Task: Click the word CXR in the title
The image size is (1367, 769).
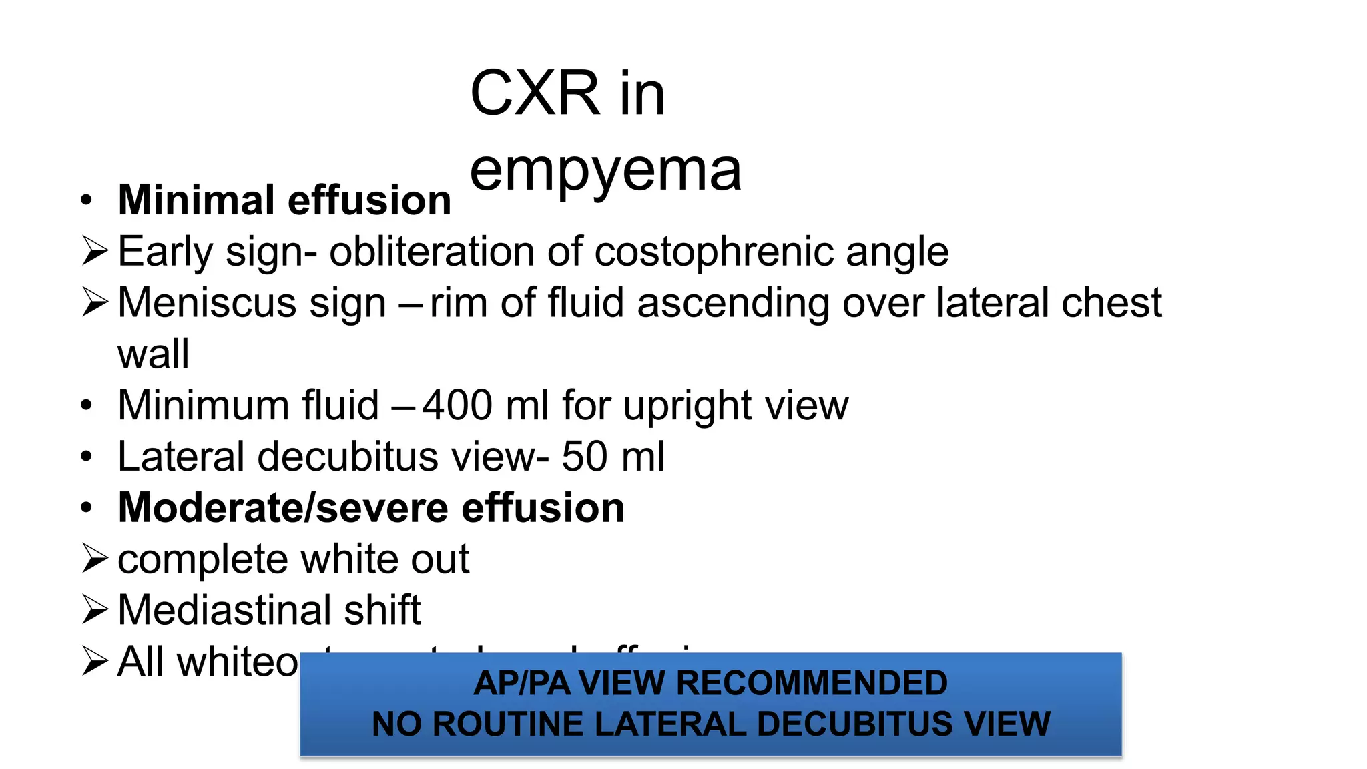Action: (x=535, y=93)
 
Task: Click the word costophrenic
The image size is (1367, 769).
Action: (x=713, y=252)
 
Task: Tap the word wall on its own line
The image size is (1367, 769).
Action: (x=154, y=354)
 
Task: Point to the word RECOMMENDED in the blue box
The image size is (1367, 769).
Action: (x=812, y=683)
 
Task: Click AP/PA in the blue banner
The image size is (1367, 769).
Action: (x=522, y=683)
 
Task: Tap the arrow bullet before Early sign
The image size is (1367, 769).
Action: (x=95, y=252)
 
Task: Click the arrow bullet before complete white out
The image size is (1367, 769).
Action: (x=95, y=559)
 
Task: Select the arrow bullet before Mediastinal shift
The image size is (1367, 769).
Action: (x=95, y=610)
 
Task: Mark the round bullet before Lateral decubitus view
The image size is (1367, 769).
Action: (x=86, y=457)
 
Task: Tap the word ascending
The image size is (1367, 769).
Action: (x=732, y=303)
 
